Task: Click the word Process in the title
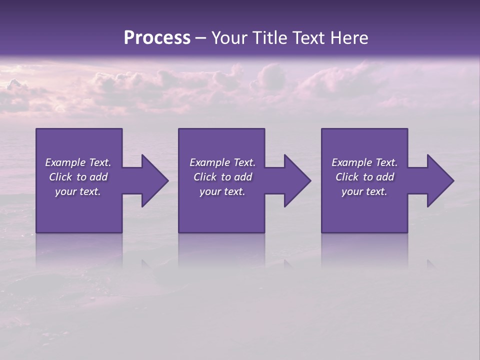157,38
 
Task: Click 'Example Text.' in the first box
78,162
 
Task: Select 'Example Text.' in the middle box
222,162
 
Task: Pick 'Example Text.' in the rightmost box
364,162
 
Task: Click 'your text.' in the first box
78,191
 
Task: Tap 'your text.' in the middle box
222,191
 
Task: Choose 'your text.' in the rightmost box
364,191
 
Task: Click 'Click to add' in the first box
78,177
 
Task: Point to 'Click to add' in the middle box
222,177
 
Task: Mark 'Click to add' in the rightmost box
364,177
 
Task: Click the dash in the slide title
201,38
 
